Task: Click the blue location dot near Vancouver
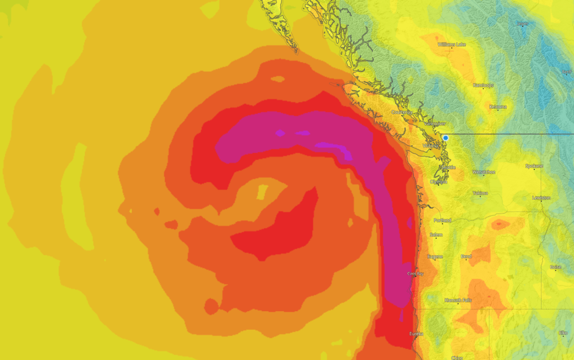point(446,137)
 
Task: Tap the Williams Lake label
point(451,44)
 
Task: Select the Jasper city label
point(522,24)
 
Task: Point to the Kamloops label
point(483,85)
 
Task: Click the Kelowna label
point(498,107)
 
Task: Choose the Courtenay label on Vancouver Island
point(402,112)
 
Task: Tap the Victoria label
point(431,146)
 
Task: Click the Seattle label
point(447,167)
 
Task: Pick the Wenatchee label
point(484,172)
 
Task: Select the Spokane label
point(534,166)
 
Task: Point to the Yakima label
point(480,193)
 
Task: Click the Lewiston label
point(541,198)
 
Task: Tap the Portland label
point(442,220)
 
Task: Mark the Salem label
point(436,235)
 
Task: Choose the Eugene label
point(435,257)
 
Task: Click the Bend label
point(466,256)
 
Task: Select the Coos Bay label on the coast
point(415,274)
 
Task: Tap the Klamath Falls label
point(458,300)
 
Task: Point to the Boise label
point(556,267)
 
